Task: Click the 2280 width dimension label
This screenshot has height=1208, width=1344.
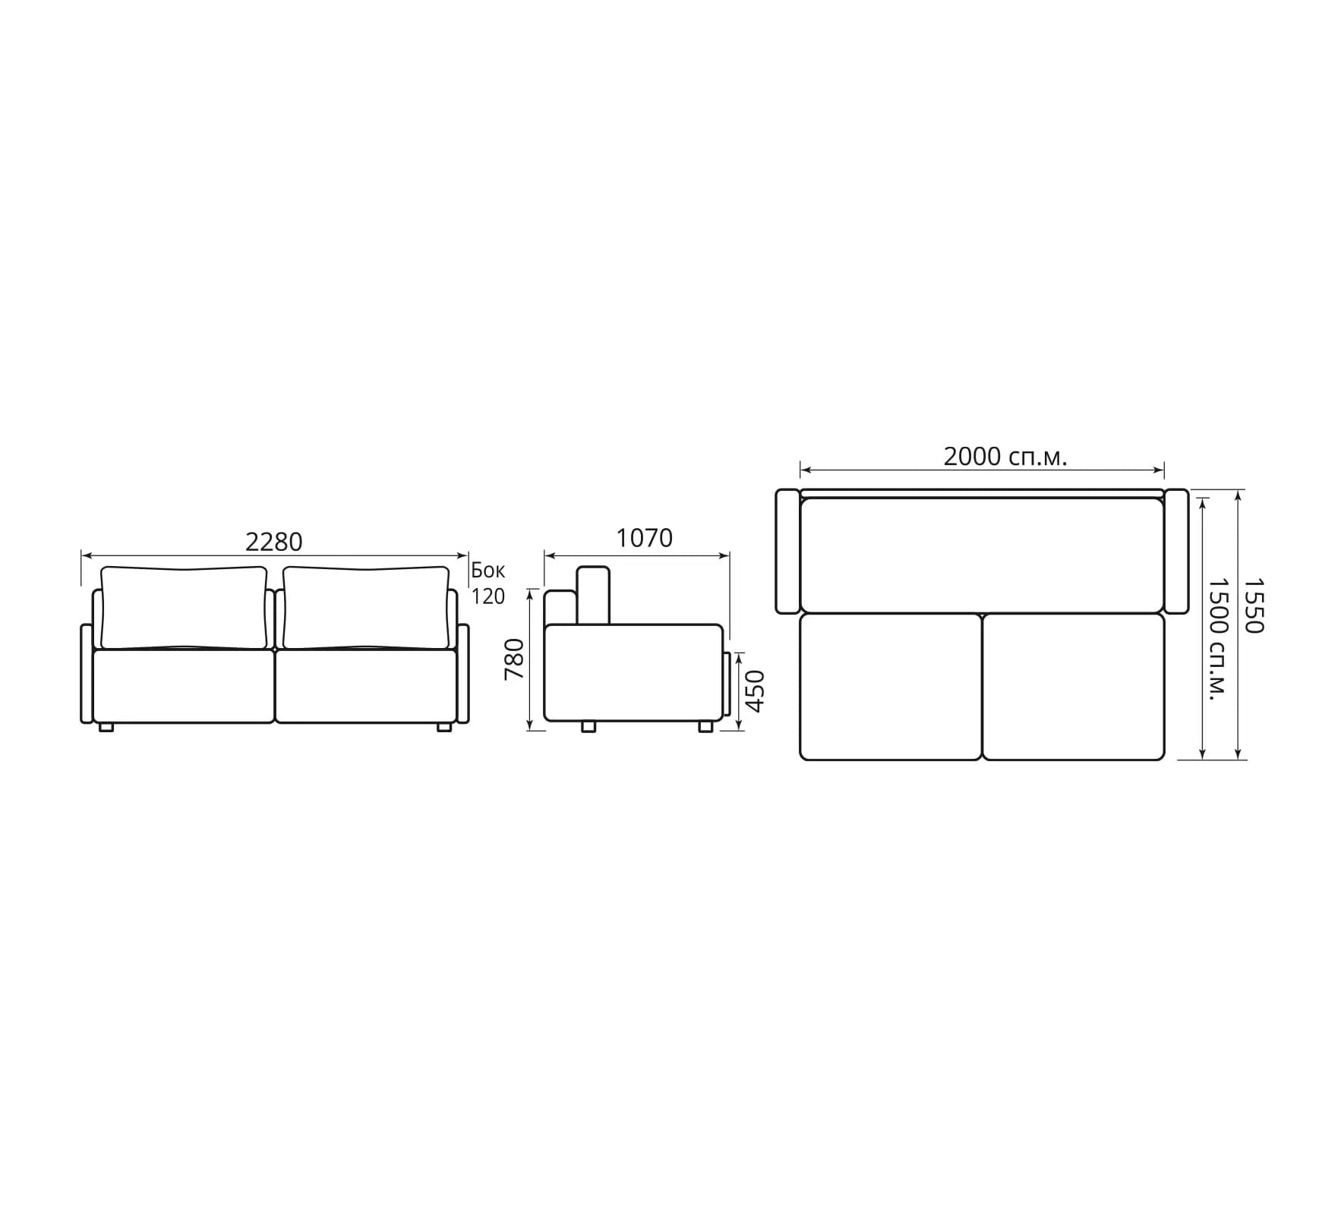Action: [273, 542]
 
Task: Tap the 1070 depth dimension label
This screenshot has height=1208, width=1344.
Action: [644, 538]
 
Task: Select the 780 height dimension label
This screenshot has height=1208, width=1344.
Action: [515, 659]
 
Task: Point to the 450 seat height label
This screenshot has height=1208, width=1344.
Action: [755, 691]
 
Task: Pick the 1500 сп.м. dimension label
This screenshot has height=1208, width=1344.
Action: [1217, 640]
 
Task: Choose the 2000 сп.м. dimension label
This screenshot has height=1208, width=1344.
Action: [1005, 457]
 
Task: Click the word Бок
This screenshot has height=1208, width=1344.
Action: [488, 571]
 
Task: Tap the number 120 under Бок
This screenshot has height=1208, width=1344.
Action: [488, 596]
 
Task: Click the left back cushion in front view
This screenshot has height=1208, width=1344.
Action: [185, 608]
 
